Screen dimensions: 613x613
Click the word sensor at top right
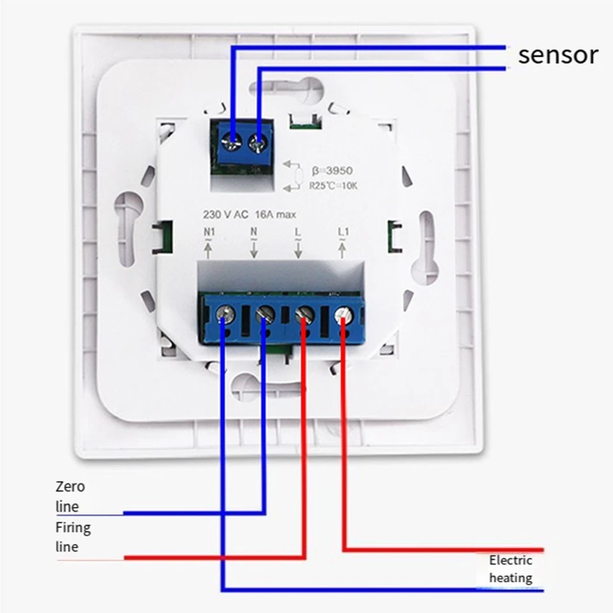pos(557,55)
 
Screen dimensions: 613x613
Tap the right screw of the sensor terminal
pos(259,140)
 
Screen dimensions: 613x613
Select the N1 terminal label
pos(208,233)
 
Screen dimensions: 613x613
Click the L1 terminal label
pos(343,233)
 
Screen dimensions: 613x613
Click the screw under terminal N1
pos(225,313)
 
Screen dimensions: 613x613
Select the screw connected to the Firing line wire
pos(305,314)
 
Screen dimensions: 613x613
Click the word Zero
pos(70,487)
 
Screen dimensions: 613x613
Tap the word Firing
pos(73,528)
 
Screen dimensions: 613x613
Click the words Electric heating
pos(510,569)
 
